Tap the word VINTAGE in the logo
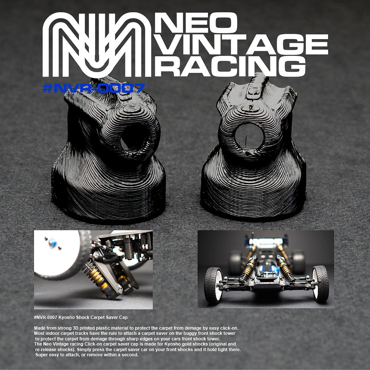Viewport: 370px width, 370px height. pos(242,45)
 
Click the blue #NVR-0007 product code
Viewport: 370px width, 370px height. pos(94,88)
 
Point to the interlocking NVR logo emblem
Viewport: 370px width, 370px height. pos(97,45)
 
